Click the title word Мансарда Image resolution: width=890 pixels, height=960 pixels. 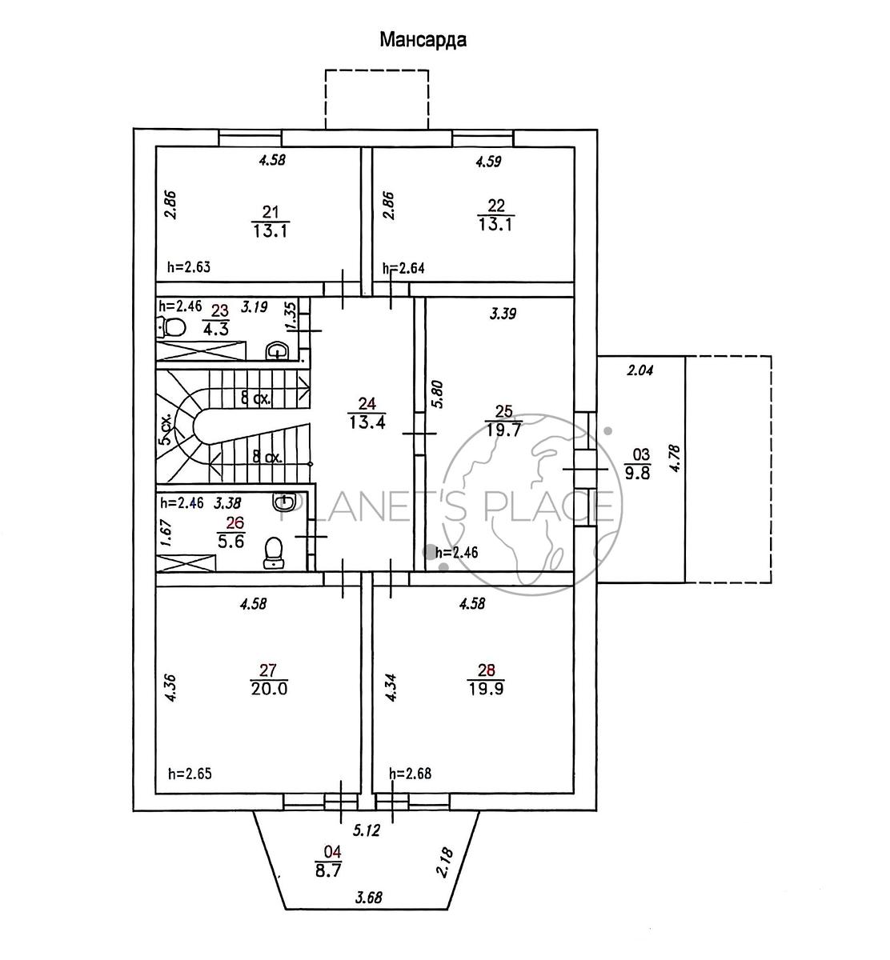click(x=423, y=40)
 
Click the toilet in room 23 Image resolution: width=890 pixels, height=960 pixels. click(x=171, y=327)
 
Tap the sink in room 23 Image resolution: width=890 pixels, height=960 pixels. click(x=277, y=350)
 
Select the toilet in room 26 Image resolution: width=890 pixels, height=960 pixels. click(x=274, y=553)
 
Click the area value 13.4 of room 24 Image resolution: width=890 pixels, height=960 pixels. click(x=367, y=422)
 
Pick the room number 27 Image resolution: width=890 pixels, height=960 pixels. click(x=268, y=670)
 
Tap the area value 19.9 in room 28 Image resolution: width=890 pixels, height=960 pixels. click(x=486, y=688)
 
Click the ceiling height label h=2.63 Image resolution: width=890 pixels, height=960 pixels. click(x=189, y=267)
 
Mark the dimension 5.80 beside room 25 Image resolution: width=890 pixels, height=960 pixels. click(x=438, y=394)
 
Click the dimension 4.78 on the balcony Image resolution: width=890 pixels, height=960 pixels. click(x=676, y=459)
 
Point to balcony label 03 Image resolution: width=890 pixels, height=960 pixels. click(x=640, y=454)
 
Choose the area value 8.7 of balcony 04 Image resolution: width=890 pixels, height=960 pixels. click(x=328, y=870)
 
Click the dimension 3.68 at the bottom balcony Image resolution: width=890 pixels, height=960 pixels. click(x=369, y=898)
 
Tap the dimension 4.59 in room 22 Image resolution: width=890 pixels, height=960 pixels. click(x=488, y=161)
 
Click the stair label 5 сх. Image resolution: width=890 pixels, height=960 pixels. click(x=166, y=429)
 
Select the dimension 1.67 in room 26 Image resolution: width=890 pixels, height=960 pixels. click(x=166, y=533)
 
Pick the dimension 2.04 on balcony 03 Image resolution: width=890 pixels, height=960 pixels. click(x=640, y=370)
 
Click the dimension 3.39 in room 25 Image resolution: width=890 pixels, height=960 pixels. click(x=503, y=314)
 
